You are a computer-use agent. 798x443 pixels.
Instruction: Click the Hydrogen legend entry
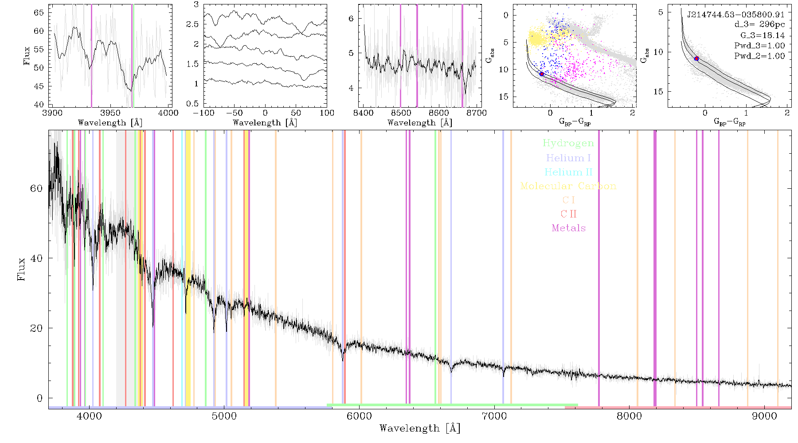pos(568,144)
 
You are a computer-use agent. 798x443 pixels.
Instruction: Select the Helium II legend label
pos(568,172)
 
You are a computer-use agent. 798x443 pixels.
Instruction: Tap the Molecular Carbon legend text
pos(568,186)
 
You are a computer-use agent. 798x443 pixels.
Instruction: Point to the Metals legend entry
pos(569,228)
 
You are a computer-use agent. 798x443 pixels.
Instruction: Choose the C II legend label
pos(569,214)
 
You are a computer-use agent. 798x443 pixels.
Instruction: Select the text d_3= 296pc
pos(759,25)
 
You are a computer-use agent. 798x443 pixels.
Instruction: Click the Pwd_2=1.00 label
pos(759,56)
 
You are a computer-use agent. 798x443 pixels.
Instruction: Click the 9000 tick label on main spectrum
pos(764,416)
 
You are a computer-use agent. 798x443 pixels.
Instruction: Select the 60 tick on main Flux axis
pos(36,189)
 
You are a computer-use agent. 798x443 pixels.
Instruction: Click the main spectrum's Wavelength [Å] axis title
pos(420,428)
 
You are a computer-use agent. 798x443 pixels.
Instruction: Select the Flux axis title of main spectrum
pos(21,269)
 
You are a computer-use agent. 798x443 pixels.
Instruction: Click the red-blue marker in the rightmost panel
pos(696,58)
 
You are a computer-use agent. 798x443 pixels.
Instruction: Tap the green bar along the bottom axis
pos(452,405)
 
